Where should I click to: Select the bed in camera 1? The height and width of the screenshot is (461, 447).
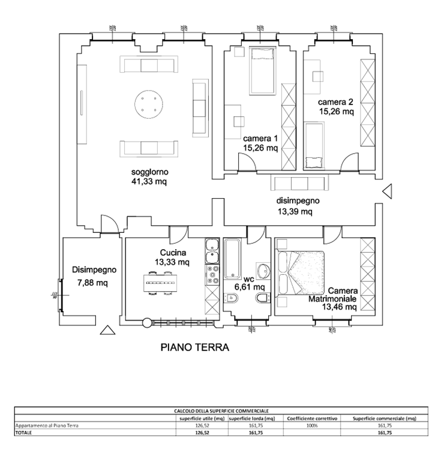pyautogui.click(x=261, y=70)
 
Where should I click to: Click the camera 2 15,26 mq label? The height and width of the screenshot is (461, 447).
pyautogui.click(x=336, y=106)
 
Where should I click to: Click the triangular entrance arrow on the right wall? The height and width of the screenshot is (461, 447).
pyautogui.click(x=387, y=191)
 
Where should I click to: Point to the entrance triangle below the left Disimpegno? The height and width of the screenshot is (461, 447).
pyautogui.click(x=107, y=330)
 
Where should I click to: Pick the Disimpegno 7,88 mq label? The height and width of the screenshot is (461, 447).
pyautogui.click(x=92, y=276)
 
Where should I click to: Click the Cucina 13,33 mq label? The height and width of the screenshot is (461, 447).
pyautogui.click(x=172, y=258)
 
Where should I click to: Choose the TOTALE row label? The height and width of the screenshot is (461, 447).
pyautogui.click(x=25, y=432)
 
